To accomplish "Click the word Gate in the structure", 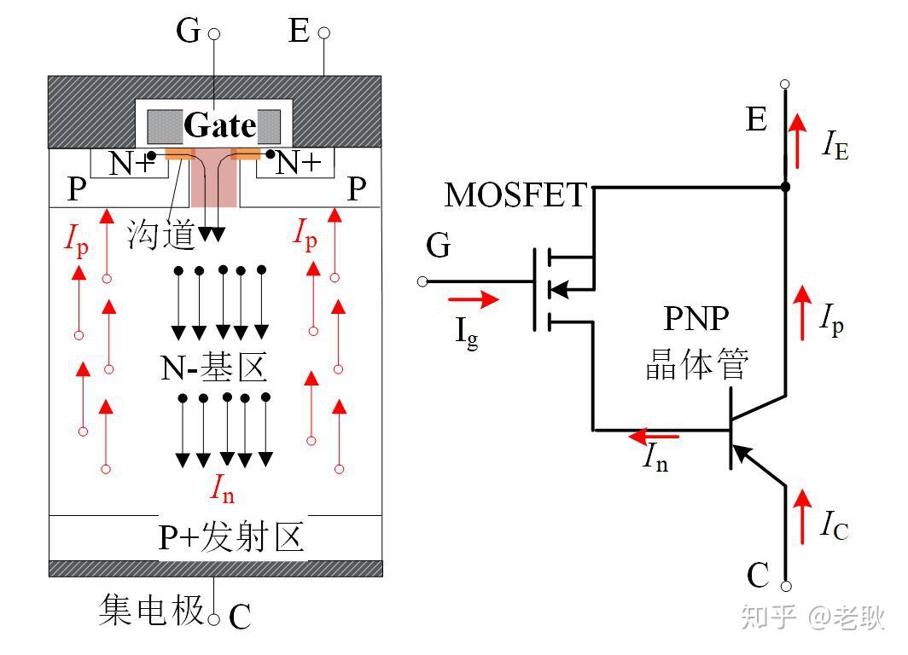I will tap(219, 126).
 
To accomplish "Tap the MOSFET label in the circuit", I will tap(515, 195).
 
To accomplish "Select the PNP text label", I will tap(696, 318).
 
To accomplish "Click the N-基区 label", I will tap(214, 368).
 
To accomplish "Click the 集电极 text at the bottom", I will tap(151, 610).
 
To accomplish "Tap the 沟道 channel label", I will tap(161, 233).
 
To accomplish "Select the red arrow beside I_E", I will tap(796, 142).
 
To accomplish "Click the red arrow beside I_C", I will tap(801, 518).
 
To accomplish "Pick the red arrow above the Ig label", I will tap(473, 299).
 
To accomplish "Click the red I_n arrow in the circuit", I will tap(654, 437).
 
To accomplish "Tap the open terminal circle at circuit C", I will tap(786, 586).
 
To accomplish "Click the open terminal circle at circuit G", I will tap(422, 281).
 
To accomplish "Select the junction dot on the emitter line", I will tap(785, 186).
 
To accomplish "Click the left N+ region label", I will tap(130, 163).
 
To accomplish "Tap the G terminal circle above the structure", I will tap(214, 35).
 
